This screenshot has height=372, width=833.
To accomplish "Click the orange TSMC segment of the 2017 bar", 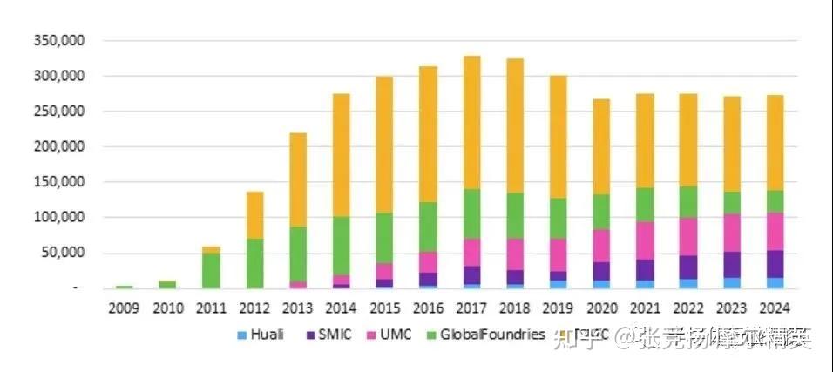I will pyautogui.click(x=471, y=122).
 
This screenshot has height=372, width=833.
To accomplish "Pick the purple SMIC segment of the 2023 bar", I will pyautogui.click(x=731, y=265).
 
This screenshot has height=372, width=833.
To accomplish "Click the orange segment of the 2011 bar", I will pyautogui.click(x=211, y=250).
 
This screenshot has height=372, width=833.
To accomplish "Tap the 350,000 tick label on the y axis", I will pyautogui.click(x=59, y=41).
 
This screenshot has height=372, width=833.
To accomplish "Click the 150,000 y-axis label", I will pyautogui.click(x=59, y=183).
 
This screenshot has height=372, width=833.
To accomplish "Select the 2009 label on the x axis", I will pyautogui.click(x=124, y=308).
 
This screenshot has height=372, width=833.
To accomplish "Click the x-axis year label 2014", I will pyautogui.click(x=341, y=308).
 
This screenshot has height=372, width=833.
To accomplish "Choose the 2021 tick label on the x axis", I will pyautogui.click(x=644, y=308).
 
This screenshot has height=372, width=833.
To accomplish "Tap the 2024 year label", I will pyautogui.click(x=775, y=308).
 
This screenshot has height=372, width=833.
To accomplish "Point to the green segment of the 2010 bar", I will pyautogui.click(x=167, y=284).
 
